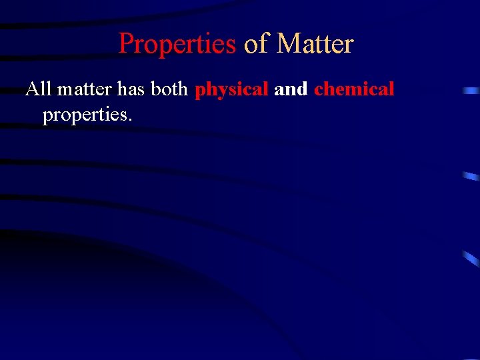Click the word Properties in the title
[177, 44]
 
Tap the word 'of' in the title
[256, 44]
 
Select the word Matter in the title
[315, 44]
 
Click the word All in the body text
[38, 89]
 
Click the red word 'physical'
[231, 89]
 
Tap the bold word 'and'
[291, 89]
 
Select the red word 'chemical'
[354, 89]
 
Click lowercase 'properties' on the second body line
[85, 115]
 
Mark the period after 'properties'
[130, 121]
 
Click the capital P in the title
[126, 44]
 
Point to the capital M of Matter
[287, 44]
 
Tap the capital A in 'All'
[32, 89]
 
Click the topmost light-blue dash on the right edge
[471, 90]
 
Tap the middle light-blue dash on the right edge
[471, 176]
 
